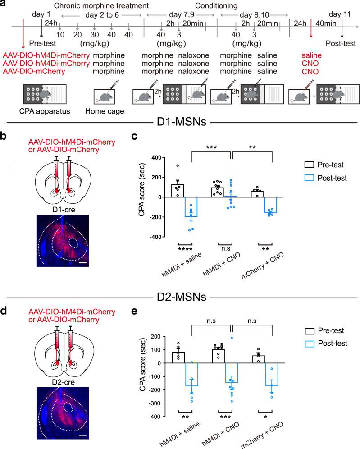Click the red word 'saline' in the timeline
[311, 55]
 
